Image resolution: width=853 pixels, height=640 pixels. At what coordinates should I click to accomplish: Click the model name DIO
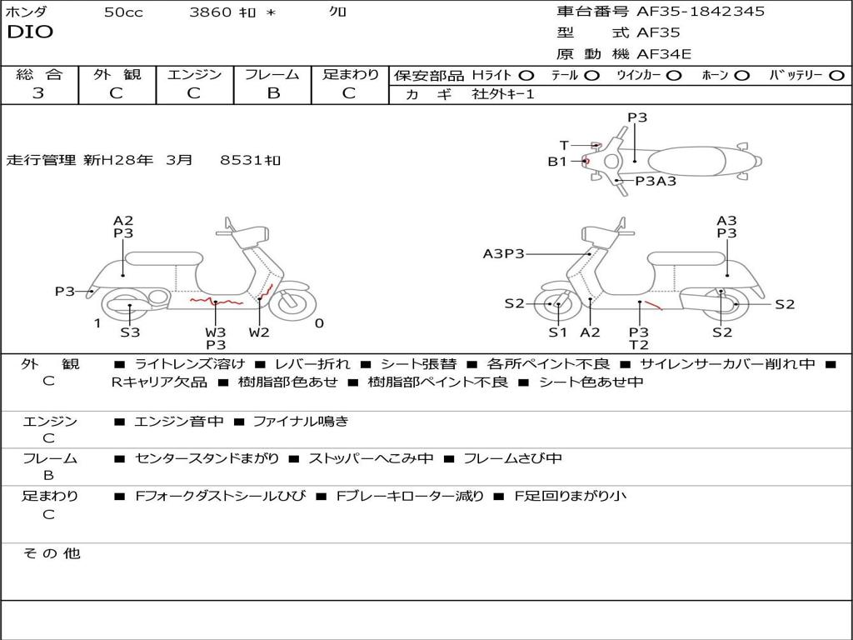(x=30, y=32)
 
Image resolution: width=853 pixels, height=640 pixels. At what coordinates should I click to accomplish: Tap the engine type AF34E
(x=664, y=54)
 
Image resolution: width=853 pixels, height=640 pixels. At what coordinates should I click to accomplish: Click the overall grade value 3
(x=38, y=93)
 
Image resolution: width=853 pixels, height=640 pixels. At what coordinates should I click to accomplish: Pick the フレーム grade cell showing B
(x=272, y=93)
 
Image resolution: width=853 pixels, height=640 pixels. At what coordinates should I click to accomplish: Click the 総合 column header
(x=38, y=74)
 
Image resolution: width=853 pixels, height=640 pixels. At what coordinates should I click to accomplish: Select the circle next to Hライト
(x=526, y=75)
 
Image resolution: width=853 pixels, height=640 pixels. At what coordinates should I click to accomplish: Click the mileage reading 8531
(x=242, y=160)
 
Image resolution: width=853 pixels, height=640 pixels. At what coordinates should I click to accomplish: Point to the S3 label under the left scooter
(x=130, y=332)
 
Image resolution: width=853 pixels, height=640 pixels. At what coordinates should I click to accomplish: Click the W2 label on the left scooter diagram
(x=259, y=332)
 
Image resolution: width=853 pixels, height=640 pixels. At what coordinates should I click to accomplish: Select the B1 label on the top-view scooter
(x=557, y=162)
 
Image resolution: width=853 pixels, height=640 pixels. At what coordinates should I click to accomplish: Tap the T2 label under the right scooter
(x=639, y=345)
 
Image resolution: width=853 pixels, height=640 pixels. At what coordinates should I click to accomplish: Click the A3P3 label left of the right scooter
(x=504, y=253)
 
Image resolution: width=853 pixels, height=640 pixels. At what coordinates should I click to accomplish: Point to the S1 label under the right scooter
(x=557, y=332)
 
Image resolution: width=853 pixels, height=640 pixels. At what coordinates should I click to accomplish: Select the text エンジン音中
(x=179, y=422)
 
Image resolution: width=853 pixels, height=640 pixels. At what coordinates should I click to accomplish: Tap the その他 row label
(x=51, y=553)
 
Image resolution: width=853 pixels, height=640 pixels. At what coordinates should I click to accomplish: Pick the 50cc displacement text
(x=122, y=12)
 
